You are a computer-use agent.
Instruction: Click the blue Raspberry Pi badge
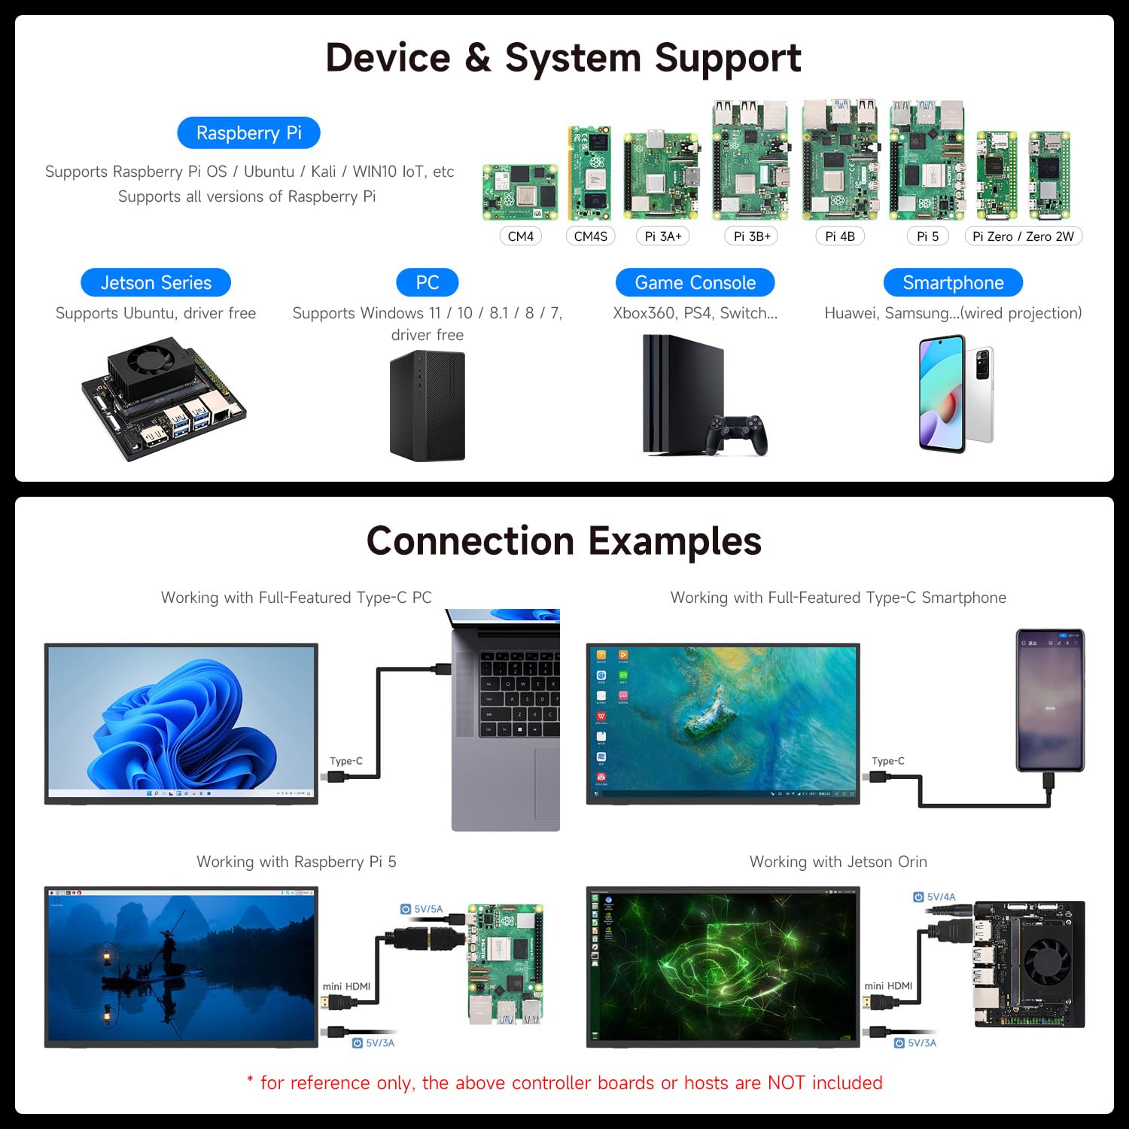tap(248, 133)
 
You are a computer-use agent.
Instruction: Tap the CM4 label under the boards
tap(520, 236)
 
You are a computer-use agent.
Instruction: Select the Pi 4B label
tap(840, 236)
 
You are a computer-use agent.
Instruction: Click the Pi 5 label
tap(927, 236)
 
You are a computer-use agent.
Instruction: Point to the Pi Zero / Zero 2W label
tap(1023, 236)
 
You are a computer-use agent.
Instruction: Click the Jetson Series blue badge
tap(156, 283)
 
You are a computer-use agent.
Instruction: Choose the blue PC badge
tap(427, 283)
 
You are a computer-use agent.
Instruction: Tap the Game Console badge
tap(695, 283)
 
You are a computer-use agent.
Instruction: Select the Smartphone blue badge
tap(953, 283)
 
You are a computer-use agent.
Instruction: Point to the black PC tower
tap(427, 406)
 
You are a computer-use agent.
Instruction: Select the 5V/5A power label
tap(428, 909)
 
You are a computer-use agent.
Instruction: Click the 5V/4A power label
tap(940, 897)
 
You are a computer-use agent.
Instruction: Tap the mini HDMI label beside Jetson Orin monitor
tap(888, 986)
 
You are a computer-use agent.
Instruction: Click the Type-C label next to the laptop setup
tap(346, 761)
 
